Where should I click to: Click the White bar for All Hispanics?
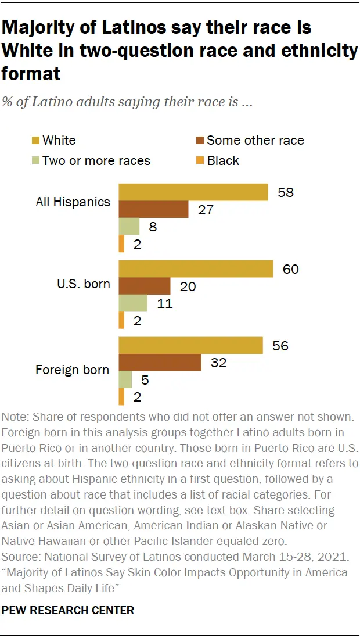pos(193,192)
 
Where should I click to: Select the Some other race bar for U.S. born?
pos(145,286)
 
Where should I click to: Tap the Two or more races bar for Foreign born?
pos(125,380)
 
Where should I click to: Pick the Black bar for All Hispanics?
pos(121,243)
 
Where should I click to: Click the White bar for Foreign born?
pos(191,346)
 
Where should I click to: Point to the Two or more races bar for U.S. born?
pos(133,303)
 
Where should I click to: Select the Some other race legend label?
pos(255,141)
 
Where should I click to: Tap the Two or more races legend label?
pos(96,161)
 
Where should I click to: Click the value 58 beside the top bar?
pos(285,192)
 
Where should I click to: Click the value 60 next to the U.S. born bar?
pos(290,270)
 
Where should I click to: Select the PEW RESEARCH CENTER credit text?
pos(69,610)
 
